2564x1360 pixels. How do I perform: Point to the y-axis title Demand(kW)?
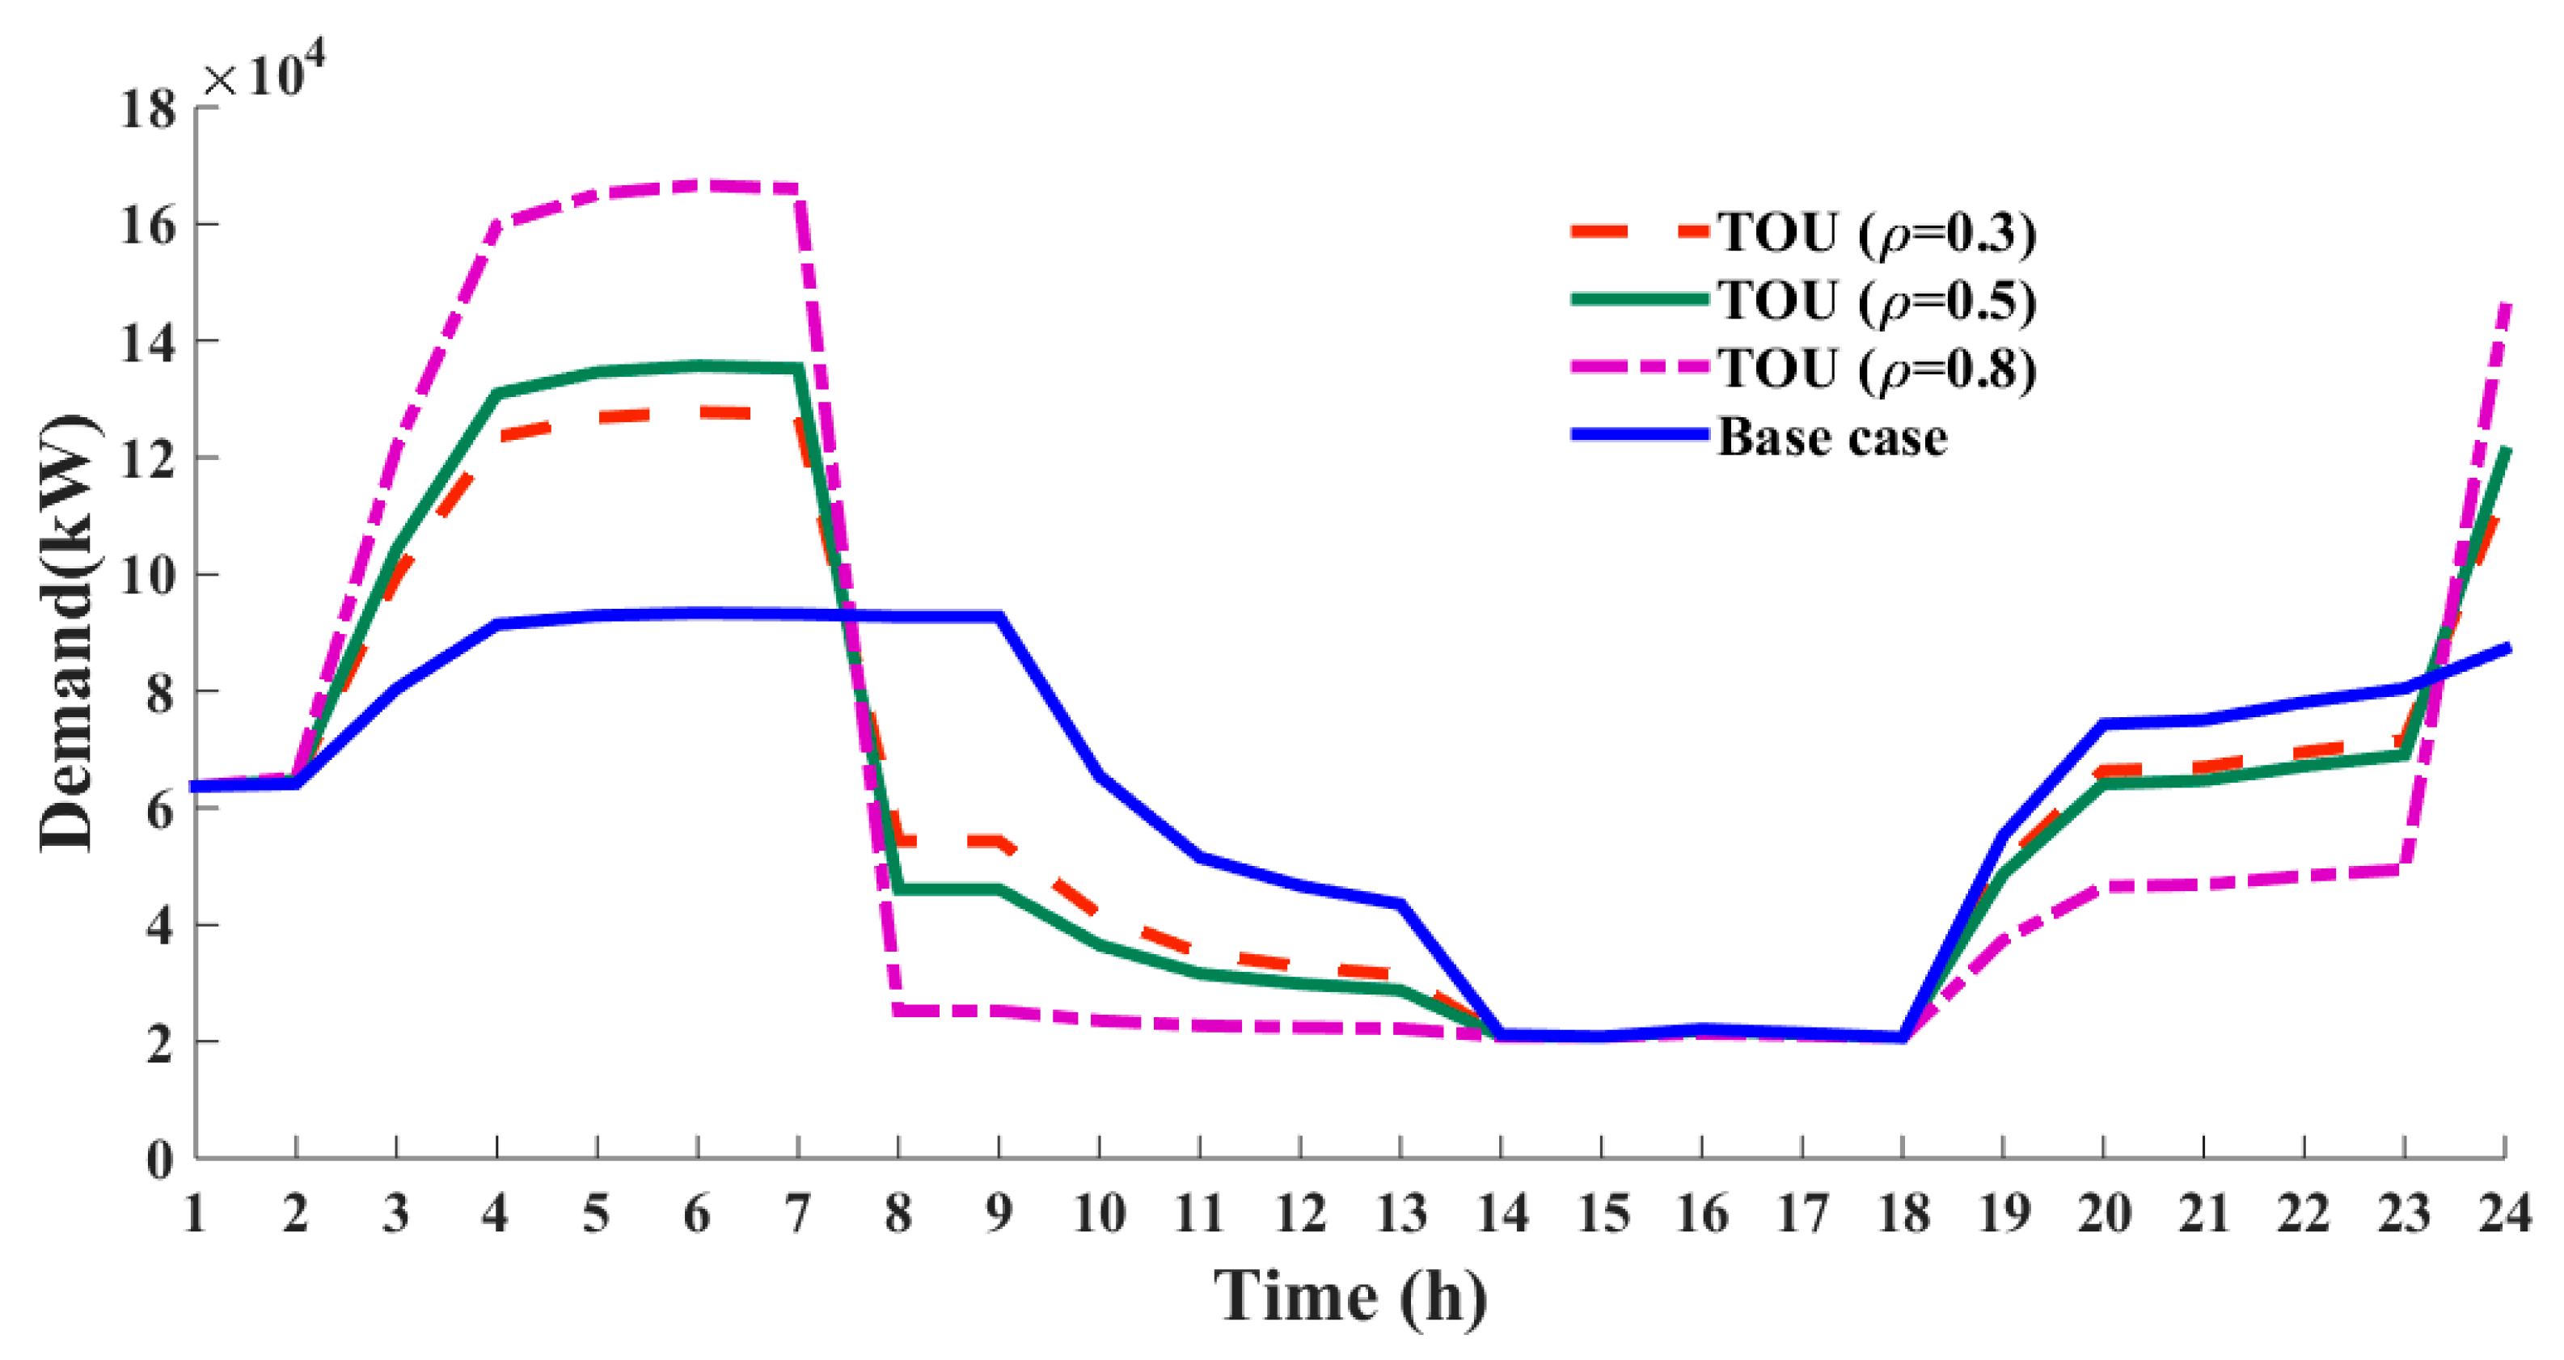[x=68, y=633]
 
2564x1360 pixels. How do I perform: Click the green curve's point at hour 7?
[x=797, y=369]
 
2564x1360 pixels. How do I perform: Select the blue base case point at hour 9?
[x=999, y=617]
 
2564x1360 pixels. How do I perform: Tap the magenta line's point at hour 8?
[x=898, y=1011]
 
